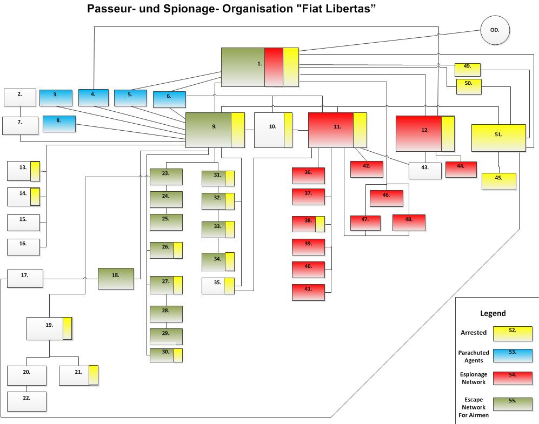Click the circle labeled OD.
495,30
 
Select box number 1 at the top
259,67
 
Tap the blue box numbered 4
93,97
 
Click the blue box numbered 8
59,124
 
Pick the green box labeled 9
214,130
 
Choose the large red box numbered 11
337,130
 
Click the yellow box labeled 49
468,69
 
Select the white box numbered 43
425,170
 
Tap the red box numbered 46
386,198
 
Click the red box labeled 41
308,292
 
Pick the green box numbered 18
115,278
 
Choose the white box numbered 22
26,401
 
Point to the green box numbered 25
165,222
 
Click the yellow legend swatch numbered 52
512,333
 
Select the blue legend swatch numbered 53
512,355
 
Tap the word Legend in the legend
493,313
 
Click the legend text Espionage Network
474,378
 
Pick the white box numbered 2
20,97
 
